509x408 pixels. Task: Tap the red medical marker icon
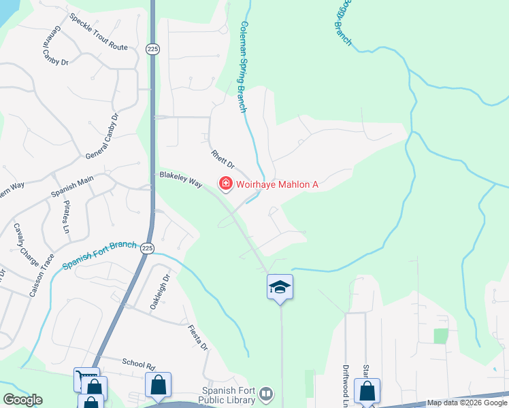[224, 184]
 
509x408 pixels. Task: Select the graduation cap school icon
[280, 287]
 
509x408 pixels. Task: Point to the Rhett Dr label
[222, 160]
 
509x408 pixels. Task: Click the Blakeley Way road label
[181, 180]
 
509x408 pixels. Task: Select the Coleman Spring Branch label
[242, 67]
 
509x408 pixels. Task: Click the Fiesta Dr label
[198, 337]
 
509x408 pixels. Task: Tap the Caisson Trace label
[37, 275]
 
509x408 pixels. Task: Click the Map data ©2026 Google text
[467, 403]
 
